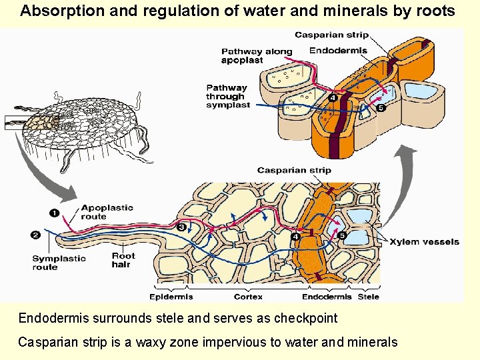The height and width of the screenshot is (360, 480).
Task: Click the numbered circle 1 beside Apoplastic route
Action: (54, 213)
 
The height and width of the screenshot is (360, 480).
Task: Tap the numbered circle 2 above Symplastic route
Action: (35, 234)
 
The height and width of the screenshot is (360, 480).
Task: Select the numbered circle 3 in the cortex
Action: (181, 227)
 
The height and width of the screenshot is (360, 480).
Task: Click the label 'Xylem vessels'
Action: (424, 241)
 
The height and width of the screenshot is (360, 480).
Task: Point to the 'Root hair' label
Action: (123, 260)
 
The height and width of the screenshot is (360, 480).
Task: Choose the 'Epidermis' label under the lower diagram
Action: (171, 297)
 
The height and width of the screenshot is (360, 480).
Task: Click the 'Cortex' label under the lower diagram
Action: (248, 297)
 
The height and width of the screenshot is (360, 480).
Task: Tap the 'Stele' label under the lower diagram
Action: (369, 297)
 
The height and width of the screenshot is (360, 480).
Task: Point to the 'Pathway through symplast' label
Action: (227, 96)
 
